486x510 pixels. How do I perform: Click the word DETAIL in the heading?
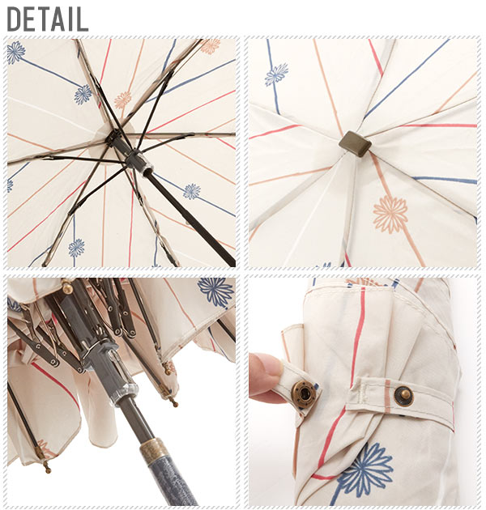click(x=48, y=19)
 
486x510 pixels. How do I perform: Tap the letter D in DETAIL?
click(x=15, y=19)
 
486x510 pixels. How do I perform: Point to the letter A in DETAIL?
click(x=61, y=19)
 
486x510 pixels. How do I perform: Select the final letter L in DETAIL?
click(x=83, y=19)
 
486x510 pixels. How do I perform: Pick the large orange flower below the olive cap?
click(x=390, y=215)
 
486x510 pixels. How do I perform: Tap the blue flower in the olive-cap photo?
click(x=276, y=74)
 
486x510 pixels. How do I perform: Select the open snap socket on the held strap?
click(x=304, y=392)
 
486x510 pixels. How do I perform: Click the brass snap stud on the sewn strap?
click(x=404, y=396)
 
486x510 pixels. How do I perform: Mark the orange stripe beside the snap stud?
click(x=388, y=392)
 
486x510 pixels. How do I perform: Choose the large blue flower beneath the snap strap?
click(x=366, y=469)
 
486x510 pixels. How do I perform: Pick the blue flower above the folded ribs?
click(x=215, y=291)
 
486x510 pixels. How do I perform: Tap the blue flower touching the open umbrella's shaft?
click(x=192, y=192)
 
